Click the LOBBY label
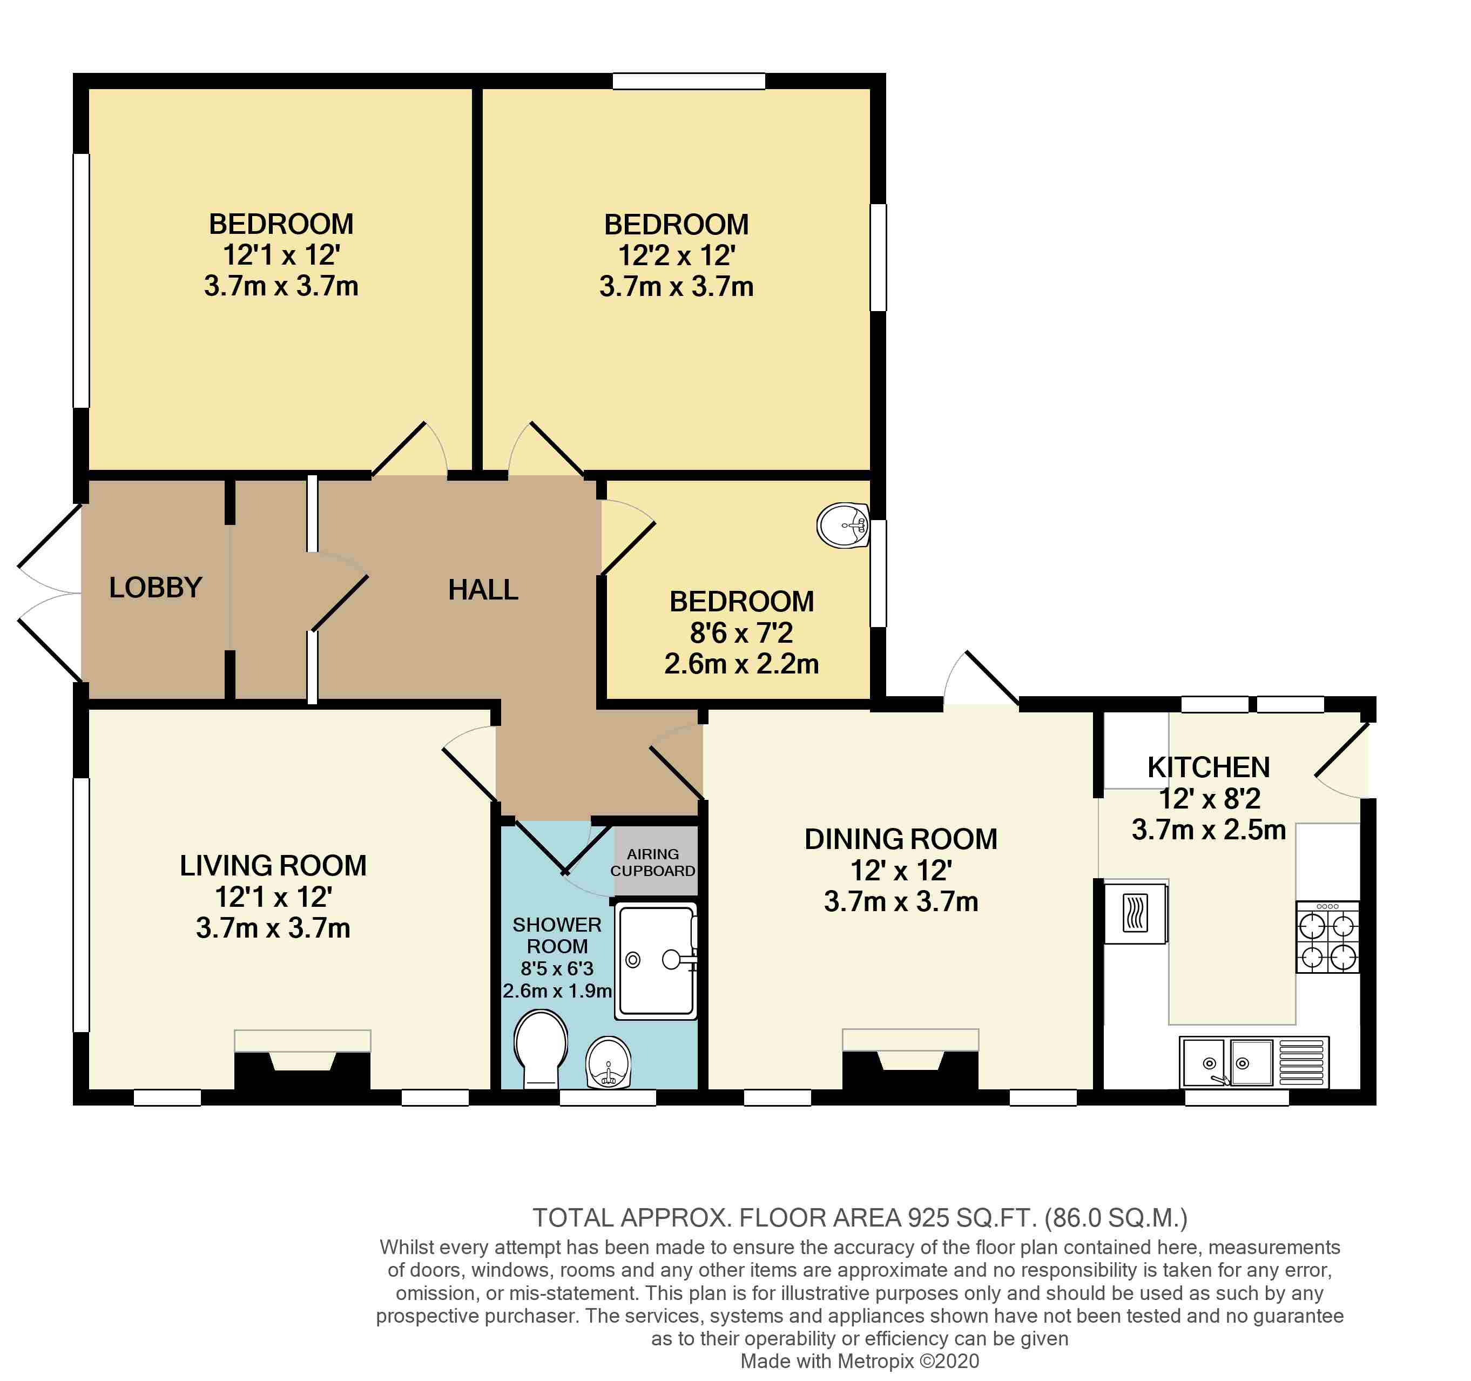[x=156, y=588]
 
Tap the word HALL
[x=483, y=590]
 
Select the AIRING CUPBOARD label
[x=653, y=862]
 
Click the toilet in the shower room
[x=541, y=1048]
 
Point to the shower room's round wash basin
[x=608, y=1063]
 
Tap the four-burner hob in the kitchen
[x=1327, y=937]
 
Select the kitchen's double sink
[x=1227, y=1062]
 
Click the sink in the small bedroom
[x=844, y=526]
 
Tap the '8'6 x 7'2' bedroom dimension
[x=741, y=633]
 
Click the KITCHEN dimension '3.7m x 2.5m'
[x=1209, y=830]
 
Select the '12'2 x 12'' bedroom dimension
[x=676, y=255]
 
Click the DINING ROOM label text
[x=901, y=839]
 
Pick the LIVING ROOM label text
[x=273, y=865]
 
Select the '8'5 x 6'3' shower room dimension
[x=556, y=968]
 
